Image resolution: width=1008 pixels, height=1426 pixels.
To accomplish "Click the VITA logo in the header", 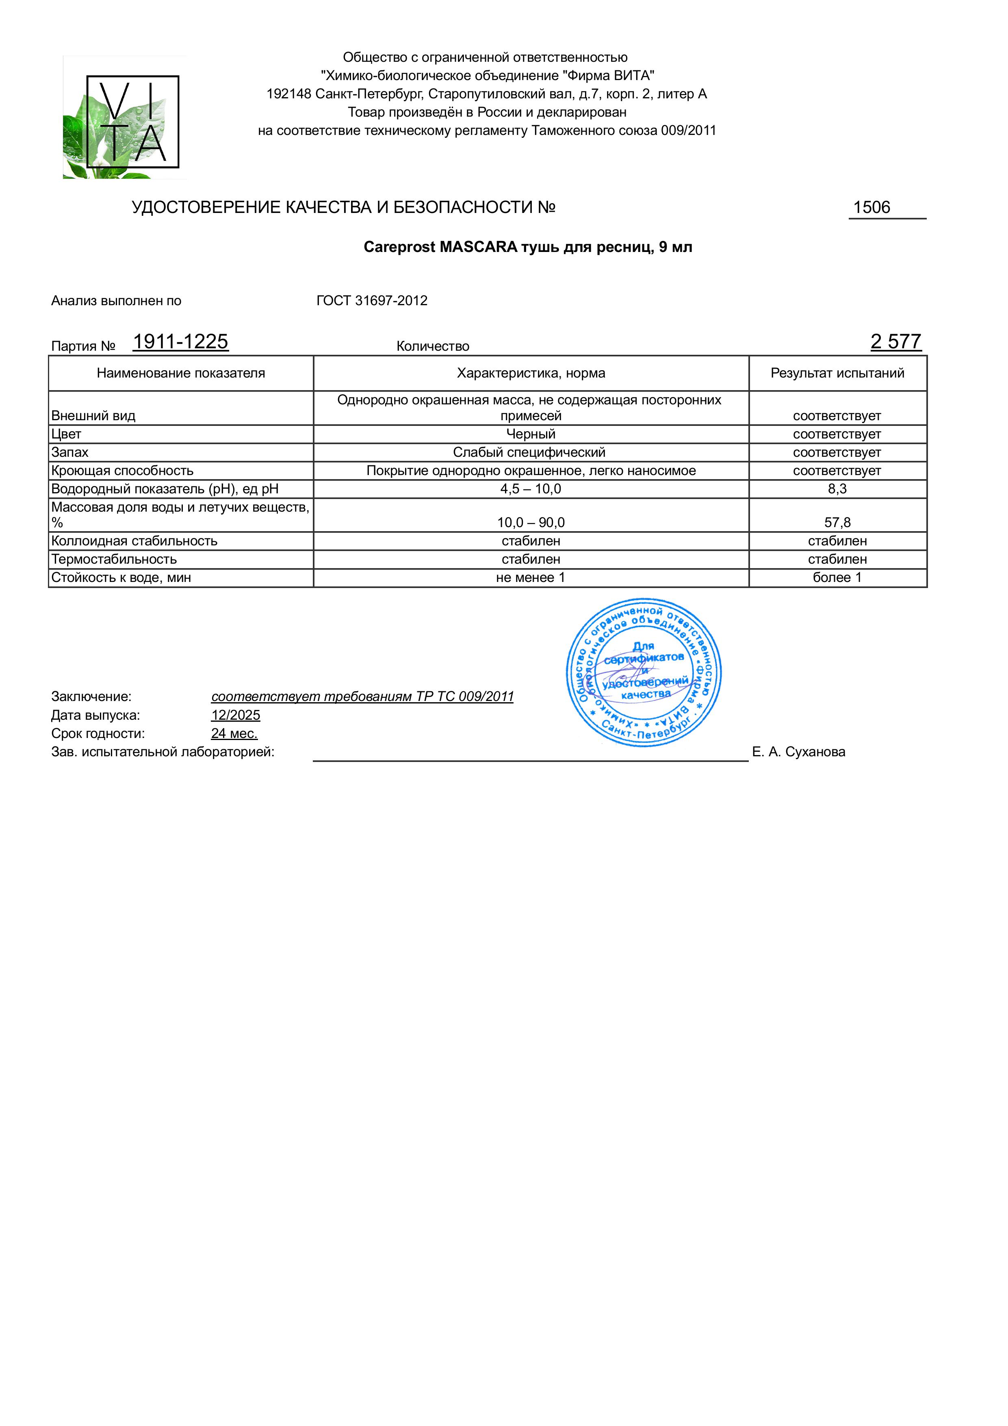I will tap(125, 118).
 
